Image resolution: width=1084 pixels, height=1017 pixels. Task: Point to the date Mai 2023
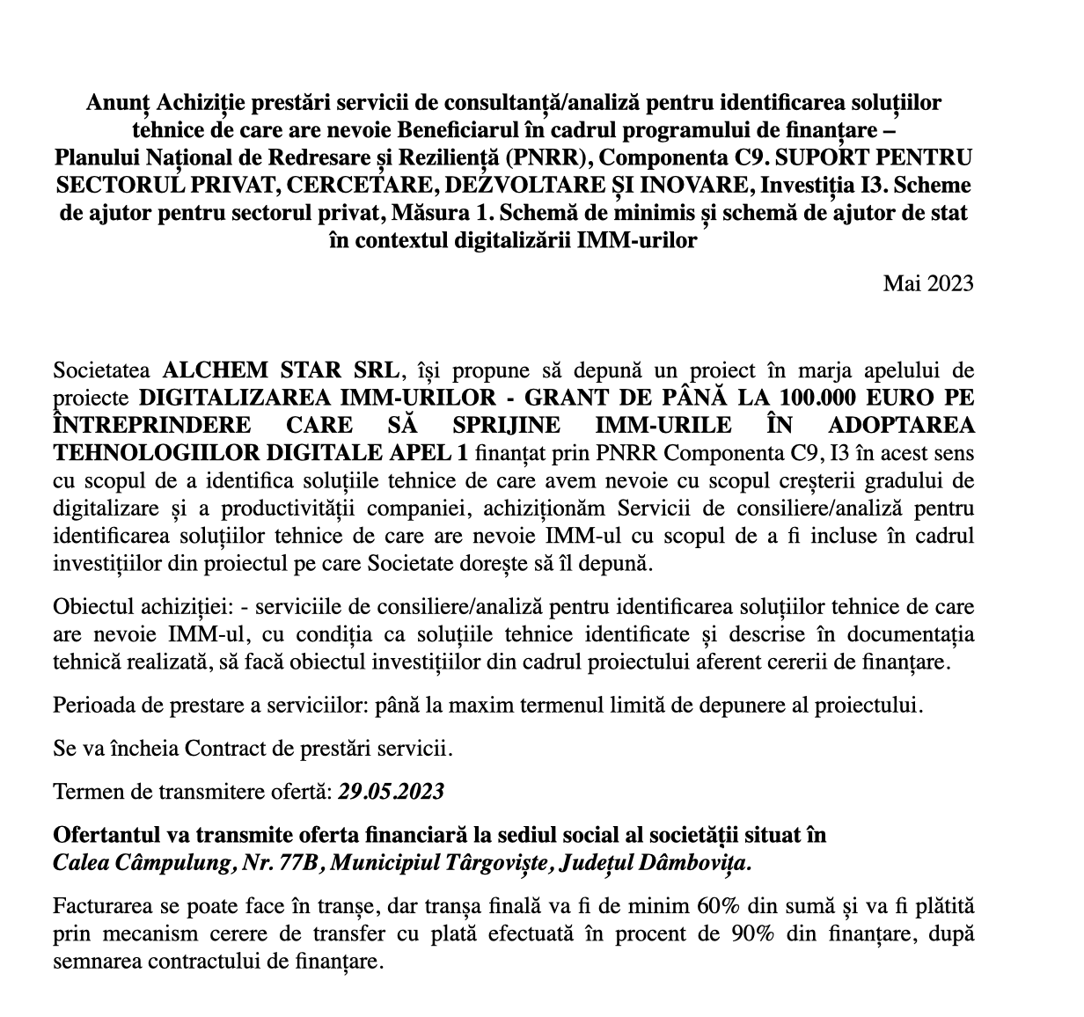click(x=928, y=282)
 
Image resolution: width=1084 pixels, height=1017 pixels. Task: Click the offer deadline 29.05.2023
click(x=392, y=790)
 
